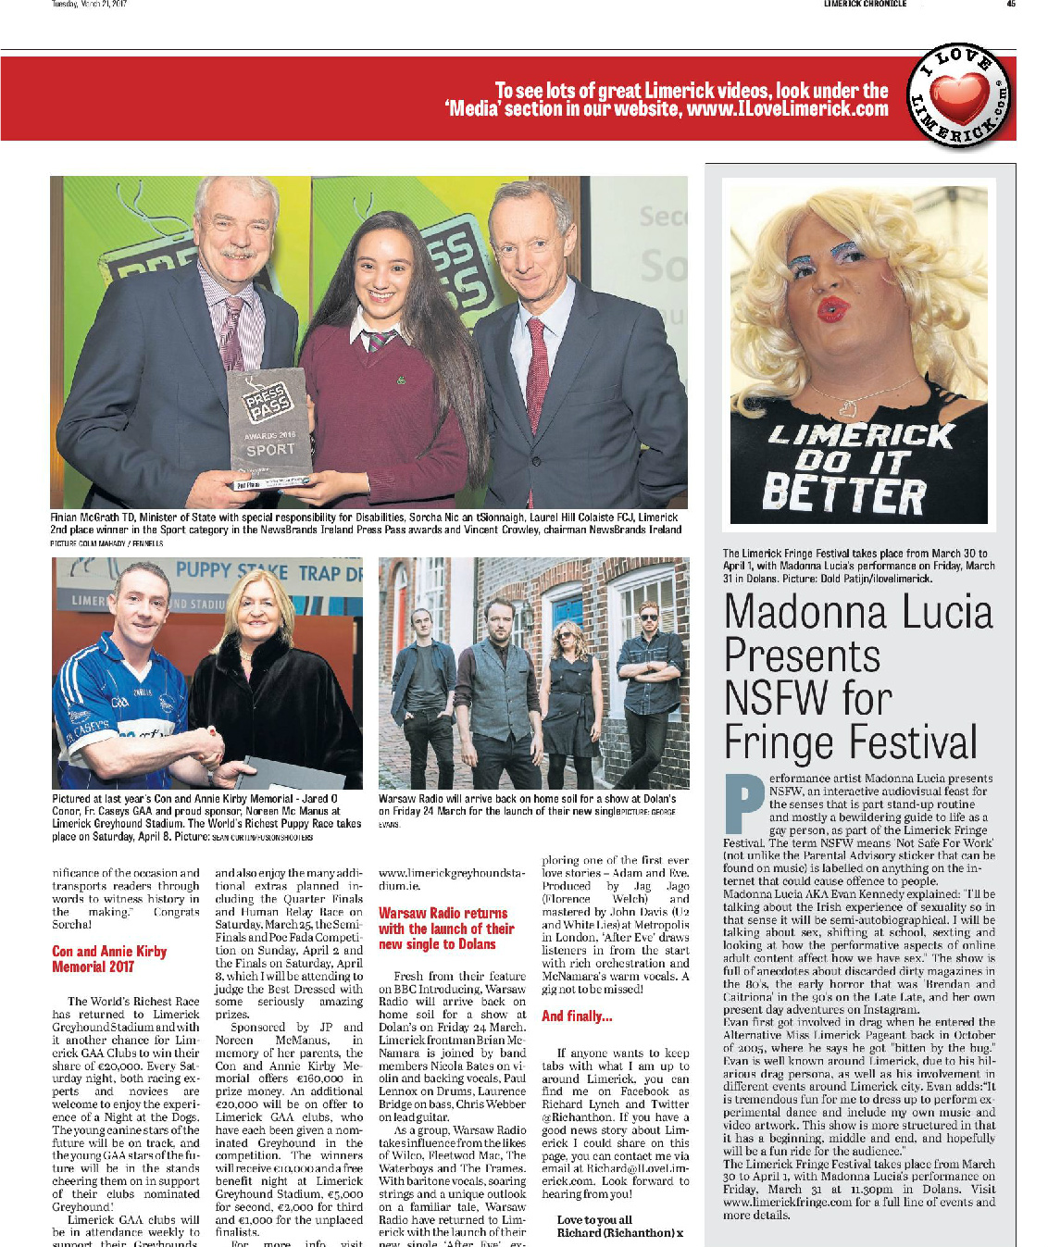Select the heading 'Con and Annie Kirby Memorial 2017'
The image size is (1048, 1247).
109,959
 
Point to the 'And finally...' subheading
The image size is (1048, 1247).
577,1016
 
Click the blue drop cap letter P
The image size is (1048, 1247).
743,802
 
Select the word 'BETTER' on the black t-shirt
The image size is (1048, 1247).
842,494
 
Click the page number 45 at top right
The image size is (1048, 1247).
1011,4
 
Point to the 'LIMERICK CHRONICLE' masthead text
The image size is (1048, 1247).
865,4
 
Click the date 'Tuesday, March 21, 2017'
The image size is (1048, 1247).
89,4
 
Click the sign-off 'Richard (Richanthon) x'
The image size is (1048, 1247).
619,1233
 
